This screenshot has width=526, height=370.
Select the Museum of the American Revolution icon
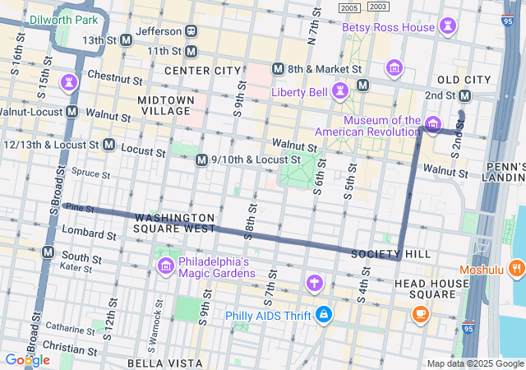[x=432, y=124]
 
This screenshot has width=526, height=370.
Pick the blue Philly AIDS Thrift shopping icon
[x=325, y=315]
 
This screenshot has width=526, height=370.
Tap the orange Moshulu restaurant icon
[x=515, y=268]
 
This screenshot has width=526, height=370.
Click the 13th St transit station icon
[x=127, y=39]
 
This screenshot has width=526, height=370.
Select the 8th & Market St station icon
[x=278, y=70]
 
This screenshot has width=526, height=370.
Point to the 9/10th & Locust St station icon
[x=201, y=160]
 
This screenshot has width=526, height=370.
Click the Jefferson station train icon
[x=191, y=31]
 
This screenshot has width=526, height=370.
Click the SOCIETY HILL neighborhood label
[x=390, y=254]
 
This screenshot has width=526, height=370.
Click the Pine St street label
[x=80, y=210]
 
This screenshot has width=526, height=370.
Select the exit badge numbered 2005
[x=349, y=7]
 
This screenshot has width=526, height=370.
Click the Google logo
[x=26, y=360]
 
